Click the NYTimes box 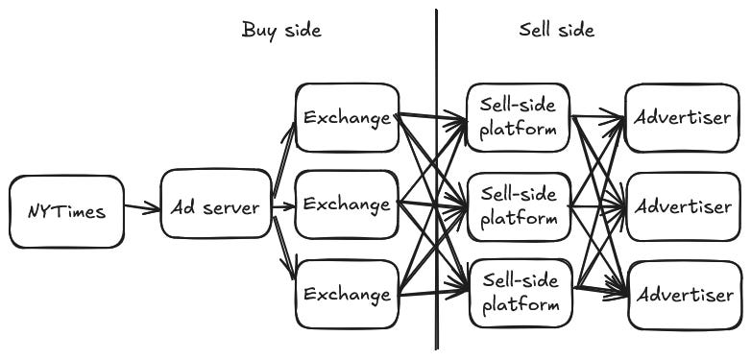[x=66, y=211]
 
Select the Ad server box [x=216, y=204]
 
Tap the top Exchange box [x=348, y=118]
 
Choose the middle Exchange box [x=348, y=204]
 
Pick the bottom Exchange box [x=348, y=294]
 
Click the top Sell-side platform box [x=519, y=118]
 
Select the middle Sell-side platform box [x=520, y=206]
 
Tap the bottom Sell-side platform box [x=521, y=293]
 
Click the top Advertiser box [x=682, y=118]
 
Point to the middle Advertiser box [x=684, y=206]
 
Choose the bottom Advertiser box [x=685, y=296]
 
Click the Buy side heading [x=281, y=31]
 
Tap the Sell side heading [x=557, y=30]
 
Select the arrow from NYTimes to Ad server [x=142, y=206]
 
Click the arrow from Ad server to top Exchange [x=284, y=159]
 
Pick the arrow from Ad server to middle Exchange [x=283, y=207]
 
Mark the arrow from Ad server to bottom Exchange [x=284, y=248]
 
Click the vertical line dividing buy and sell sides [x=436, y=180]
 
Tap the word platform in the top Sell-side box [x=518, y=130]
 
